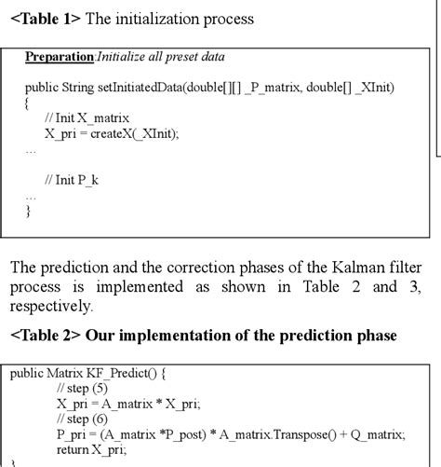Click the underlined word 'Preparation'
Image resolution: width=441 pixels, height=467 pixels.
pos(60,57)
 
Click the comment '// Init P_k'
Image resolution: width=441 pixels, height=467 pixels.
pos(75,179)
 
